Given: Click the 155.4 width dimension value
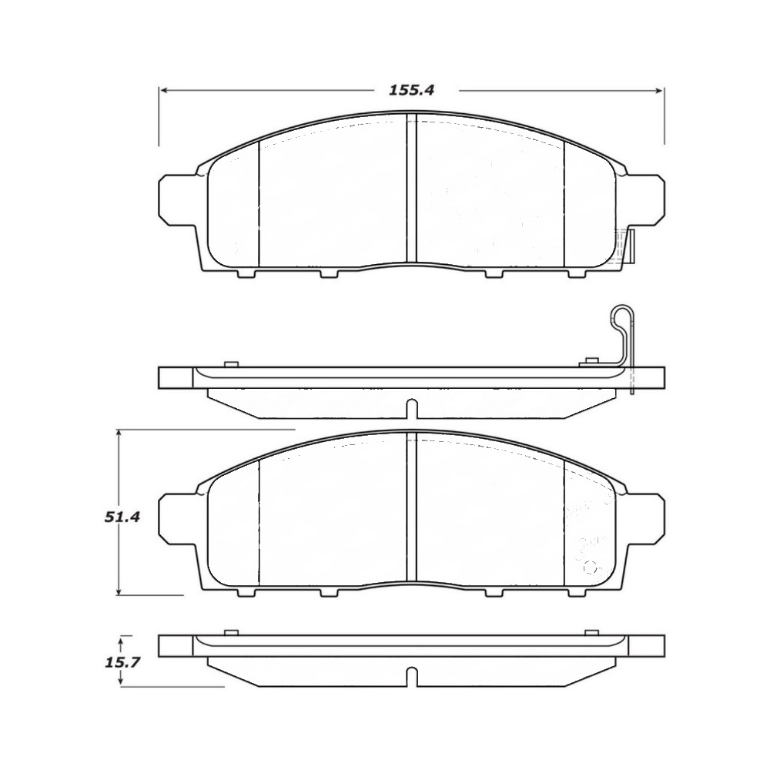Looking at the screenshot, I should [411, 90].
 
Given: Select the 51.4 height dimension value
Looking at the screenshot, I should [122, 517].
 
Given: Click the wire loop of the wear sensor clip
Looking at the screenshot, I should [620, 317].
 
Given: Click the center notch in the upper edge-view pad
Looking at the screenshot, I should [411, 408].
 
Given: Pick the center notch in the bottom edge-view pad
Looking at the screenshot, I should [411, 676].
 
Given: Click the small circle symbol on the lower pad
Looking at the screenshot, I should [592, 567].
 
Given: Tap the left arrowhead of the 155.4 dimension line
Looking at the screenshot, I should [163, 90].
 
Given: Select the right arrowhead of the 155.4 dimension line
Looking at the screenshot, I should [660, 90].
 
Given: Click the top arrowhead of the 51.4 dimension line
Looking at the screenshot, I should [119, 434].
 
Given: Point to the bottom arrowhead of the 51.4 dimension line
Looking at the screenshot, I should [119, 591].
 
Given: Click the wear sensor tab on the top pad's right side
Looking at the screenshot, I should [629, 246].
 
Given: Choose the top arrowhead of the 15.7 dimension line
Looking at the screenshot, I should [119, 638].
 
